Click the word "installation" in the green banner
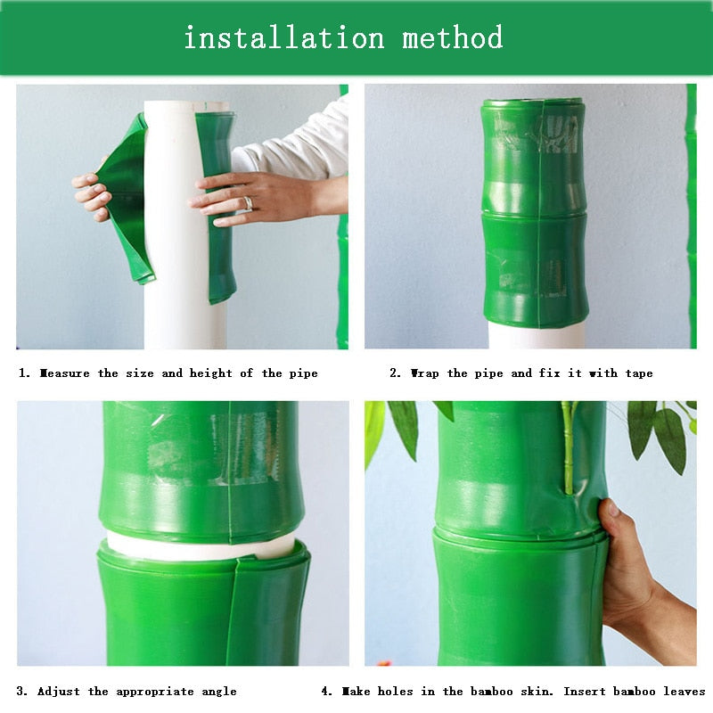click(x=284, y=37)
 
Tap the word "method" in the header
click(x=453, y=37)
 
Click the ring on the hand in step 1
click(x=249, y=203)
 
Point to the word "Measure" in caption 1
click(x=64, y=373)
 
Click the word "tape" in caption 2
click(x=639, y=373)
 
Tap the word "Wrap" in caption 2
click(x=425, y=373)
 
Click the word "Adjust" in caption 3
click(x=58, y=693)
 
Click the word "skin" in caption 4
click(x=537, y=692)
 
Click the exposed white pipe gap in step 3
click(x=200, y=546)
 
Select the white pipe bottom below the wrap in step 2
click(x=537, y=338)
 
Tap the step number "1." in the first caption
click(x=24, y=373)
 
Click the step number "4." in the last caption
click(x=327, y=692)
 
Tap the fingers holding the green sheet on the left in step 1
click(x=93, y=196)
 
